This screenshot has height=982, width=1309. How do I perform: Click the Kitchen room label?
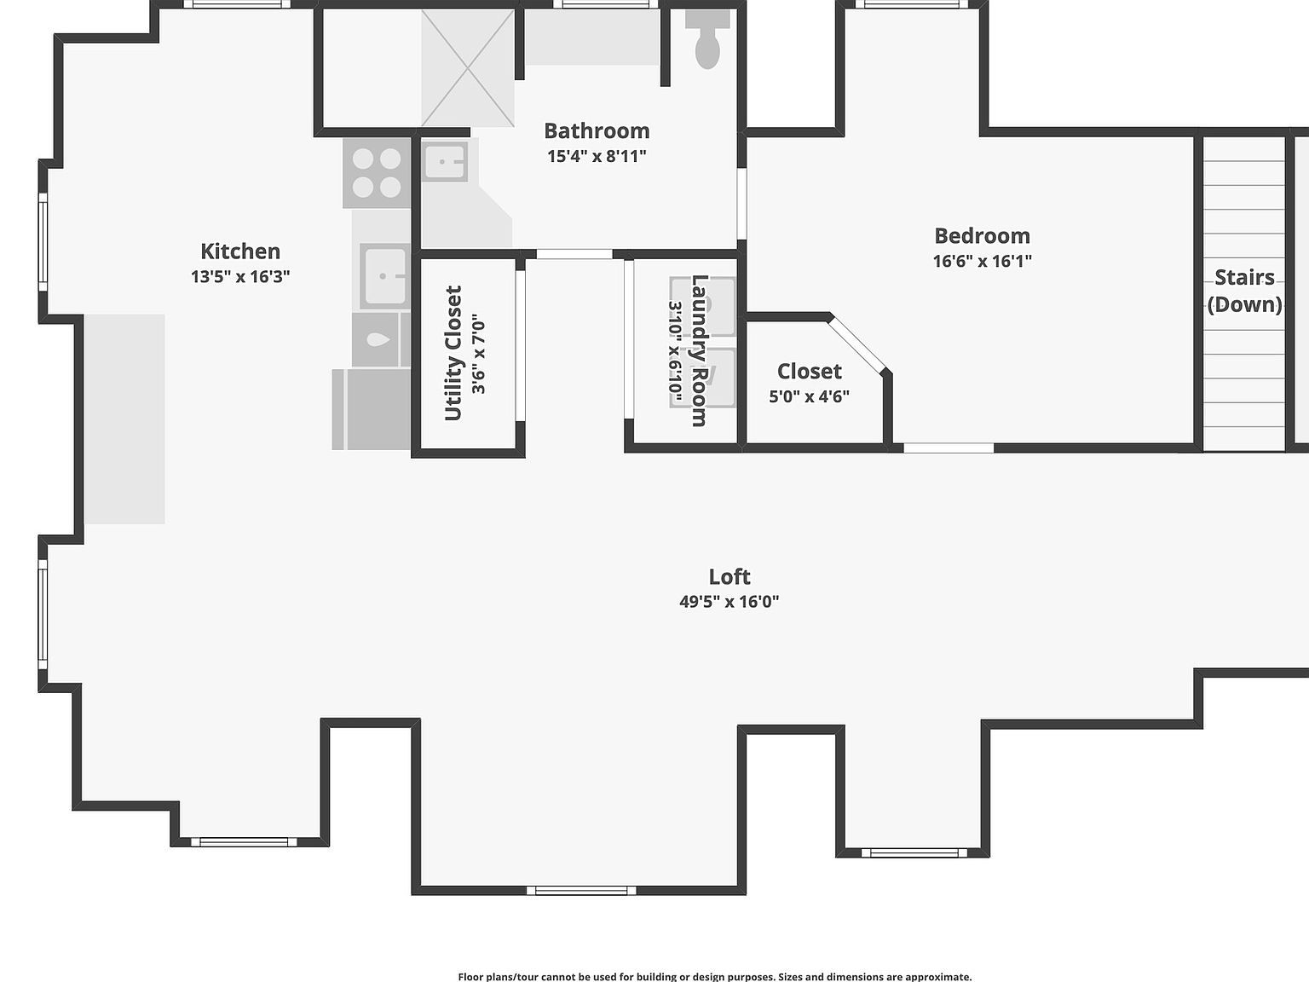[240, 251]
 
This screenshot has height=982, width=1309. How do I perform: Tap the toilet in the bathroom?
[707, 38]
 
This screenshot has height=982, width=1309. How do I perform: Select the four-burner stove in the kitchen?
[377, 174]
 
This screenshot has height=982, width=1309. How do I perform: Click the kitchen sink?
[384, 276]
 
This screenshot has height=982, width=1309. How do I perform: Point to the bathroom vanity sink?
[445, 161]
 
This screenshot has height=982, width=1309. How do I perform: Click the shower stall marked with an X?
[468, 68]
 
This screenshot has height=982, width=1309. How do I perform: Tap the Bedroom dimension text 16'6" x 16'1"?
[983, 261]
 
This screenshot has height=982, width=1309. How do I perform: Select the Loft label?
[729, 576]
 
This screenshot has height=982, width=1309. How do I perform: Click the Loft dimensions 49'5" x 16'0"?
[729, 601]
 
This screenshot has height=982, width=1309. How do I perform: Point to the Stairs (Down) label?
[1244, 291]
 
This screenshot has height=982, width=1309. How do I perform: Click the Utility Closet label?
[453, 354]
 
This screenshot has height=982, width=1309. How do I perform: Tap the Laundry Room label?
[699, 350]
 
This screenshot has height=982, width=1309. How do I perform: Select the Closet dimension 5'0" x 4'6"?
[810, 396]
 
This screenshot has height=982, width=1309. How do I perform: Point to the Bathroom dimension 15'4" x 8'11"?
[597, 156]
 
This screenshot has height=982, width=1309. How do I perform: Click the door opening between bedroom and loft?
[949, 448]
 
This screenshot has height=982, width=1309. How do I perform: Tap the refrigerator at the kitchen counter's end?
[371, 410]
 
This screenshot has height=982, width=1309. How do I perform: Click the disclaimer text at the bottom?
[714, 977]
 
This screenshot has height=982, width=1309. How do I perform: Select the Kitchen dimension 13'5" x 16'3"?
[240, 277]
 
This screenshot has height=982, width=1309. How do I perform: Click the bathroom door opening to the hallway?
[574, 255]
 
